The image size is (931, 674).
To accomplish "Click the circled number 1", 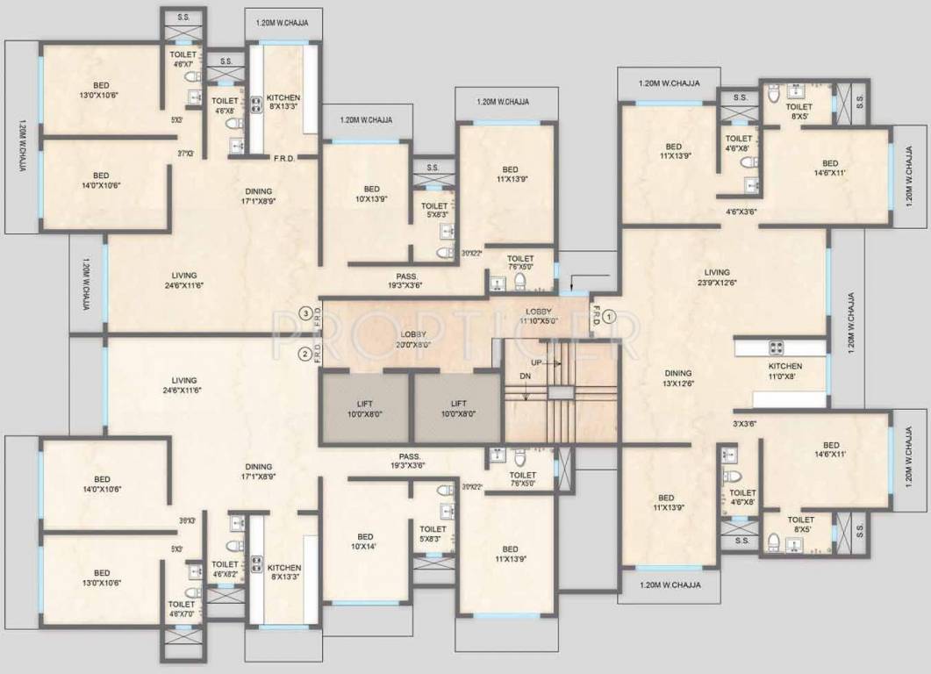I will tap(612, 313).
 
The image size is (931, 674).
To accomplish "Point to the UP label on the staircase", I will tap(535, 362).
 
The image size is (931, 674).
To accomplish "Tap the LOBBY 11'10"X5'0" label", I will tap(538, 316).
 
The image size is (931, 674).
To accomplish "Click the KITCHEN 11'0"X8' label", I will tap(784, 371).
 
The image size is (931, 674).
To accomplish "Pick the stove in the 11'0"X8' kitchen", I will tap(777, 347).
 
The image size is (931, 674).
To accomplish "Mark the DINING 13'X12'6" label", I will tap(677, 378).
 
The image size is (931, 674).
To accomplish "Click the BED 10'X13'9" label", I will tap(372, 194).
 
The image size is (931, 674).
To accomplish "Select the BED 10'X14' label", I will tap(365, 541).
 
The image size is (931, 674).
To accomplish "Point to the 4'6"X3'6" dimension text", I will tap(741, 212).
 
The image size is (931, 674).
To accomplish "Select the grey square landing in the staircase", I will tap(561, 393).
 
